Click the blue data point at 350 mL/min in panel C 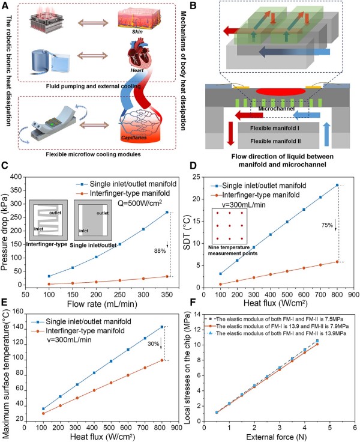coord(167,212)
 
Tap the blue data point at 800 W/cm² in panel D coord(338,185)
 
